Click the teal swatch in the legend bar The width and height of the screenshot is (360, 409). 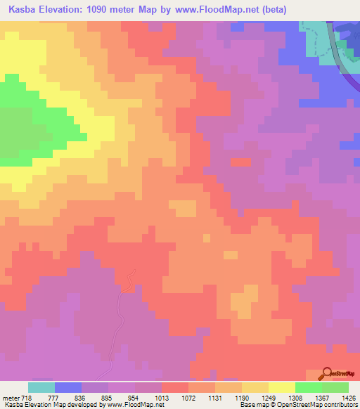41,387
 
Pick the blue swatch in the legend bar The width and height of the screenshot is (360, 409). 68,387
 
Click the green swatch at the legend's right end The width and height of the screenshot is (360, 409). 335,387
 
